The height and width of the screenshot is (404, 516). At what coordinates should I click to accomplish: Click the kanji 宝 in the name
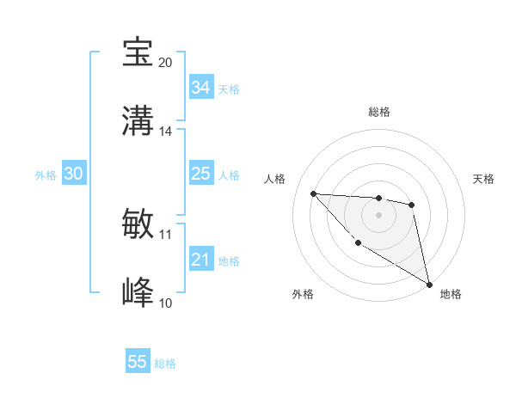(x=138, y=52)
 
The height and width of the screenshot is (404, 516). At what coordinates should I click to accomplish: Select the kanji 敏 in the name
(x=138, y=224)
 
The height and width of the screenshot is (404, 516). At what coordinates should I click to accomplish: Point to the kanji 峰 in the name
(x=138, y=293)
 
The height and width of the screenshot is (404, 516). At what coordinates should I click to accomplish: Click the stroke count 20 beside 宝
(x=165, y=62)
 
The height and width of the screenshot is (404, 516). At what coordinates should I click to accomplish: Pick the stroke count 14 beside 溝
(x=165, y=131)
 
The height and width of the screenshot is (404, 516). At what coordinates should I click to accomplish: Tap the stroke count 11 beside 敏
(x=165, y=234)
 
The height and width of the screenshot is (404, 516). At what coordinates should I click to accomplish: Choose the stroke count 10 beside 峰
(x=165, y=303)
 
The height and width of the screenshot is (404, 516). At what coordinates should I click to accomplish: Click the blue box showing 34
(x=201, y=88)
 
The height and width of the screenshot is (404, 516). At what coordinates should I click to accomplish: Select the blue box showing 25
(x=201, y=174)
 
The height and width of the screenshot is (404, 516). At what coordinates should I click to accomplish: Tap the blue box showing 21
(x=201, y=260)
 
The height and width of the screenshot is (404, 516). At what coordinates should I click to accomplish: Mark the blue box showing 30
(x=73, y=174)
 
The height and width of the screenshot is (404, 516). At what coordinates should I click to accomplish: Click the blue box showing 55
(x=138, y=362)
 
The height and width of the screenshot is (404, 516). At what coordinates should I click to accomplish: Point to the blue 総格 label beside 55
(x=165, y=364)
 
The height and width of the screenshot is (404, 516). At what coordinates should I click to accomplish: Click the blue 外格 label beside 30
(x=46, y=175)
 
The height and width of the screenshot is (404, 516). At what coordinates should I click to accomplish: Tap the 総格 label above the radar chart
(x=378, y=112)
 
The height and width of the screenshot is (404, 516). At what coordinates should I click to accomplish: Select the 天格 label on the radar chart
(x=483, y=179)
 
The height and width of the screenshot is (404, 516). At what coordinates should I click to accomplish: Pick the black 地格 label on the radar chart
(x=451, y=294)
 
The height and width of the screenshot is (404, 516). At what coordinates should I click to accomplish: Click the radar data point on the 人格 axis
(x=313, y=193)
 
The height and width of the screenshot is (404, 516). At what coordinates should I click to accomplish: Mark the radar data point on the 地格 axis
(x=430, y=284)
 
